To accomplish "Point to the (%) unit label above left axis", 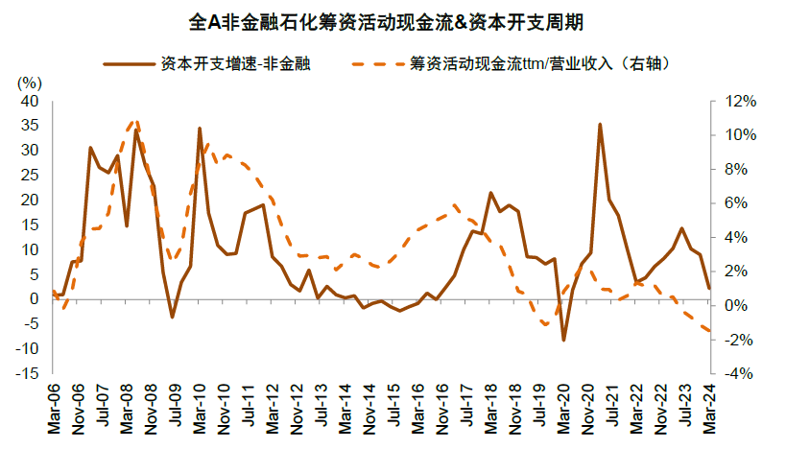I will tap(31, 83).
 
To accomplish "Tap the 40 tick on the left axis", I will tap(30, 101).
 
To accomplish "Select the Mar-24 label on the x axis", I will tap(708, 404).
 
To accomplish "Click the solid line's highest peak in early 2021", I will tap(600, 125).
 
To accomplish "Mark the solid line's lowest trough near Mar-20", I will tap(563, 341).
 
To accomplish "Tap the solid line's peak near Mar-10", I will tap(200, 128).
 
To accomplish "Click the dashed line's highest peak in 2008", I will tap(135, 121).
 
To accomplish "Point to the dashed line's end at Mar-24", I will tap(708, 331).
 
